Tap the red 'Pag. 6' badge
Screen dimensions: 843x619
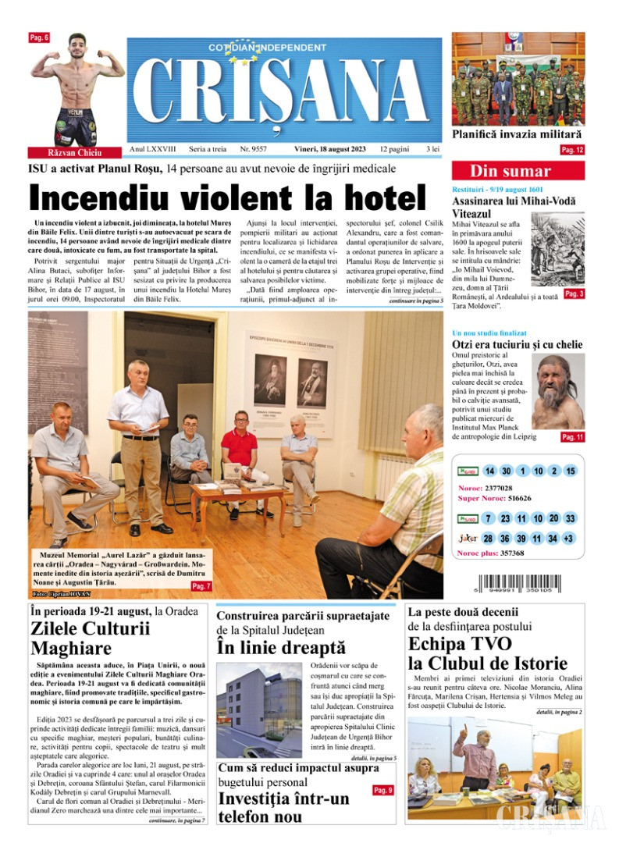coord(39,37)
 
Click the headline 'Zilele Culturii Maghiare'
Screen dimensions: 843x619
coord(91,638)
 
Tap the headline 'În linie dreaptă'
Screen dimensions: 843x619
coord(281,647)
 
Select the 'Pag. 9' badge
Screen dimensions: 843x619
coord(382,791)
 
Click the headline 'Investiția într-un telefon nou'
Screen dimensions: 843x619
coord(283,807)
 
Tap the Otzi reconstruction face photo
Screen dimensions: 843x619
coord(558,390)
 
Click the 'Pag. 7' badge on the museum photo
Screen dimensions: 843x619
coord(201,585)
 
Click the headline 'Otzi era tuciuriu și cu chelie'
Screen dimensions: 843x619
coord(518,344)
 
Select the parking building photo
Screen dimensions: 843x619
coord(258,710)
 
